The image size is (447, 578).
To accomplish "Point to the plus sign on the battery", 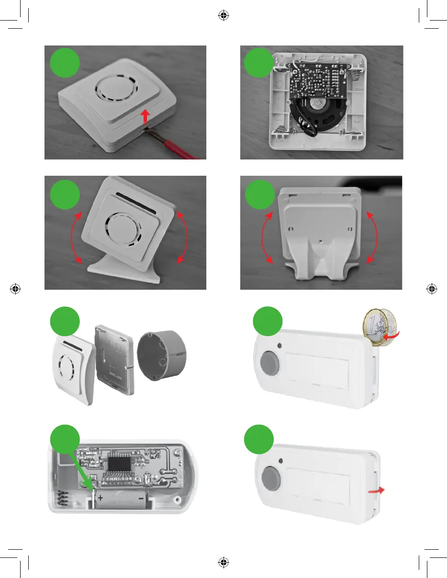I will (101, 499).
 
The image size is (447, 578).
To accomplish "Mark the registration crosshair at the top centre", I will (223, 16).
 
